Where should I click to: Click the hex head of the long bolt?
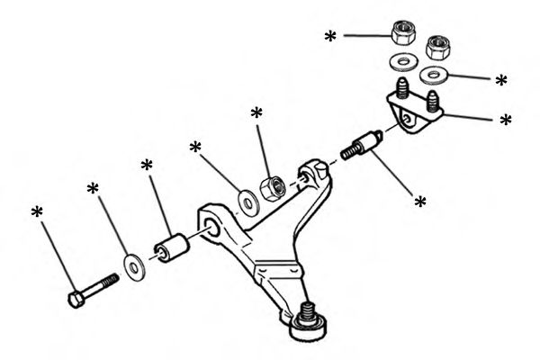pyautogui.click(x=76, y=298)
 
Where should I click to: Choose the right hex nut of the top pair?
pyautogui.click(x=438, y=46)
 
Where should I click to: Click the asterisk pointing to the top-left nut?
pyautogui.click(x=330, y=37)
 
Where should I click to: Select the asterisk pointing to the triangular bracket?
pyautogui.click(x=505, y=120)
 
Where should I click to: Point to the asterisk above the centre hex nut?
pyautogui.click(x=256, y=113)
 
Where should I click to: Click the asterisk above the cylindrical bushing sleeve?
pyautogui.click(x=147, y=166)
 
